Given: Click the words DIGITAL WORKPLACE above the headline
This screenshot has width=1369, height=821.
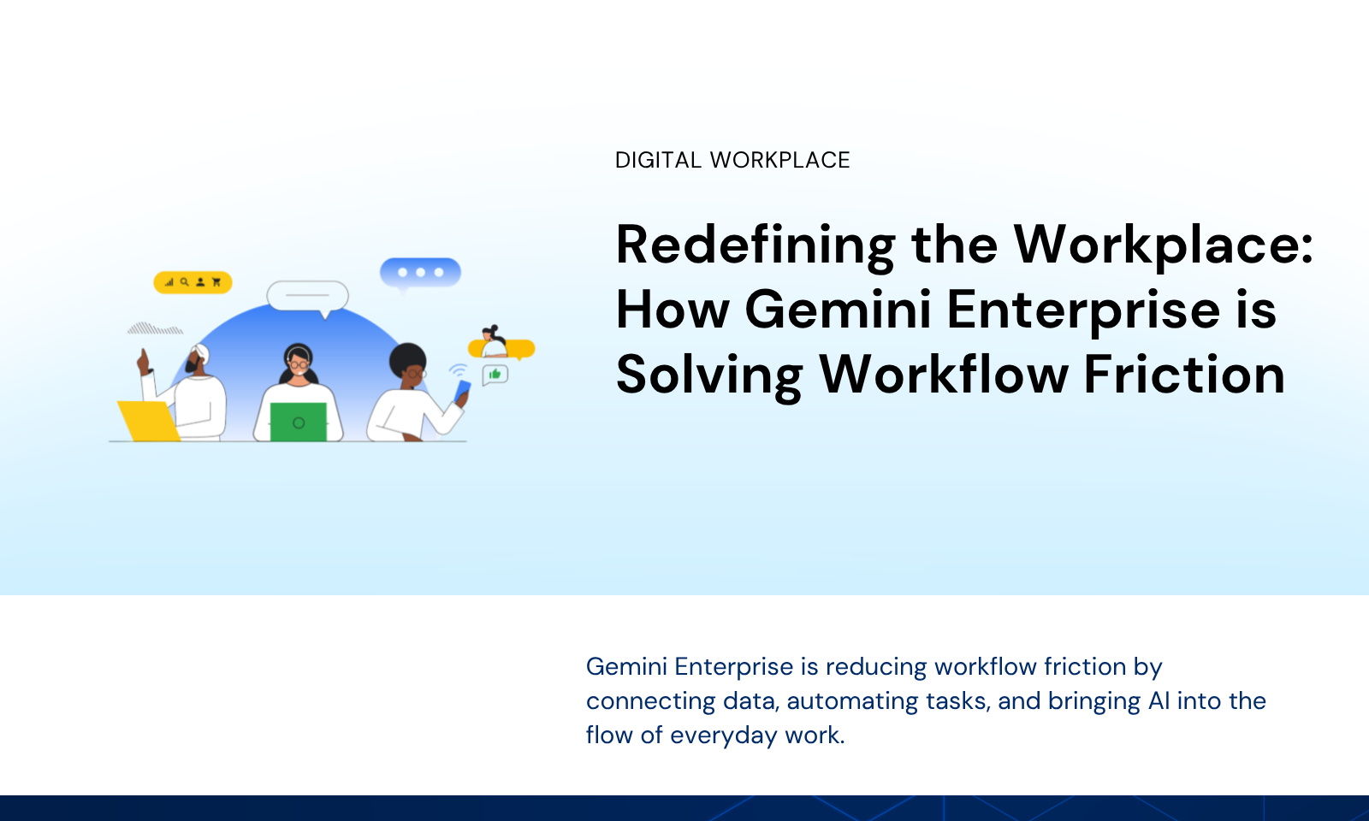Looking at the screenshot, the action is coord(732,160).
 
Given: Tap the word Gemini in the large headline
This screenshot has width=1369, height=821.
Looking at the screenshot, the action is coord(838,310).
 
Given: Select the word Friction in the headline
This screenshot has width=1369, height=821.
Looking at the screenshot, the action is coord(1184,375).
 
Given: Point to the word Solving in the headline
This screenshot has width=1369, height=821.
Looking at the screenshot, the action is coord(709,377).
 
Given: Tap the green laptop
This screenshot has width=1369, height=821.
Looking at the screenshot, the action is coord(299,422).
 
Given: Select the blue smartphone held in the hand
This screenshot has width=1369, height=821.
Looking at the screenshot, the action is coord(463,391).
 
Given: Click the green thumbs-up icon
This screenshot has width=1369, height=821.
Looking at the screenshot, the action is coord(495,374).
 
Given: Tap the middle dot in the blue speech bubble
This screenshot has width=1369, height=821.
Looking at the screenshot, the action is coord(420,273).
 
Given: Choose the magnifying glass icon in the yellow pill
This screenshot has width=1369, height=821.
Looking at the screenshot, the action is coord(184,282).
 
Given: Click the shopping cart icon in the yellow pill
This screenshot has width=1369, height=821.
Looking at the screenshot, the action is coord(216,282).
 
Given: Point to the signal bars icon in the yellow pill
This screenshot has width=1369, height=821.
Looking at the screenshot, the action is coord(169,282).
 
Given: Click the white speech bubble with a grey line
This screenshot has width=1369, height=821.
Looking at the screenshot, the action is coord(307,296).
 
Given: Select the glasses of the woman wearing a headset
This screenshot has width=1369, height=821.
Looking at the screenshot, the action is coord(299,364).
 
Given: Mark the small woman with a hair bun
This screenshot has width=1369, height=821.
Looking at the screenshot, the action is coord(493,341).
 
